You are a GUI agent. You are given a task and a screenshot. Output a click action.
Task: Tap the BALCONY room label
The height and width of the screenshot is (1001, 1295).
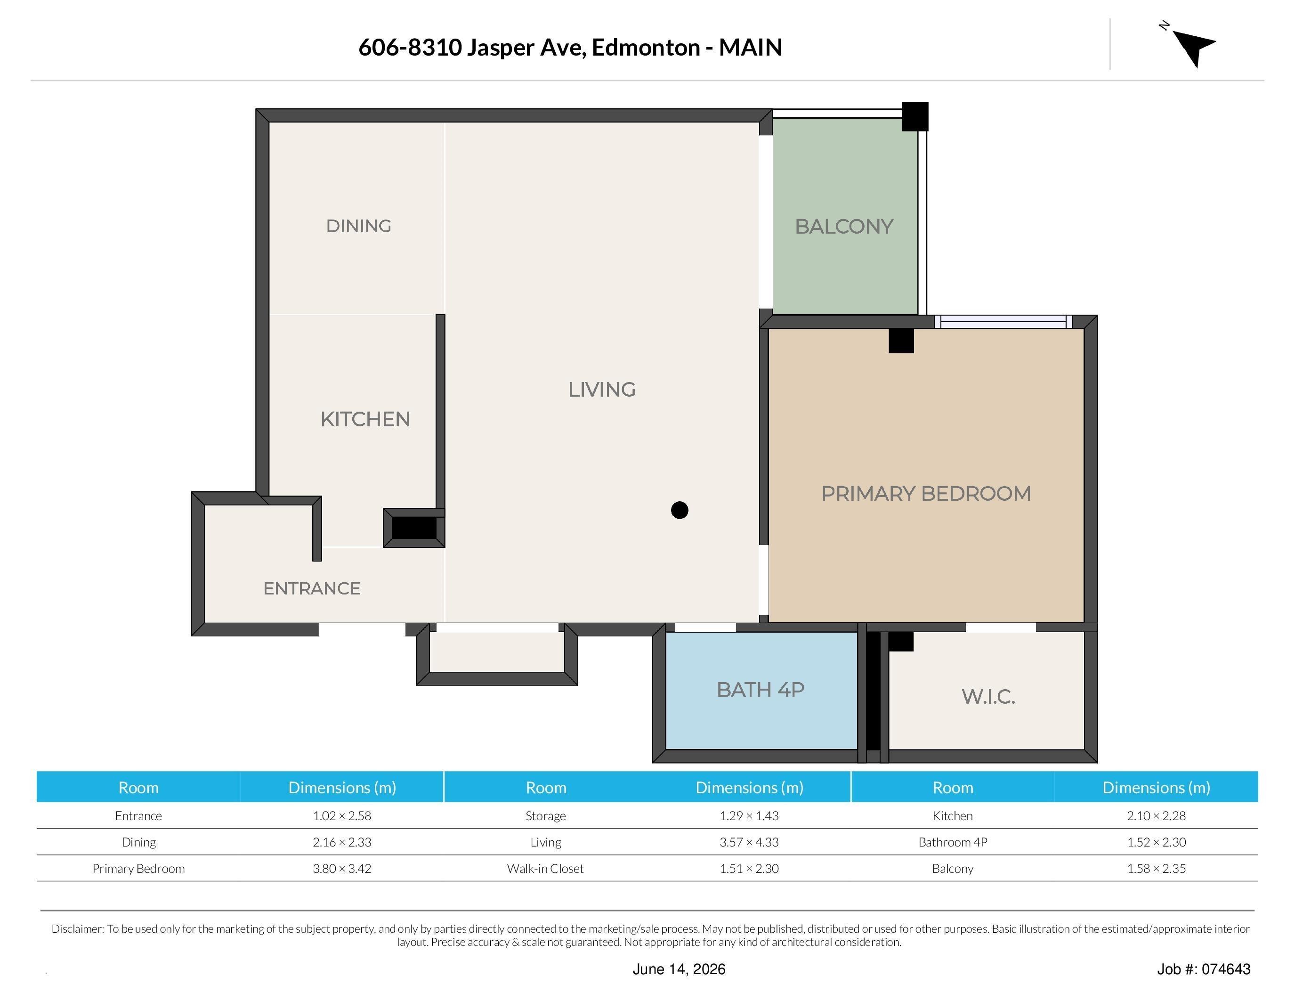pyautogui.click(x=844, y=227)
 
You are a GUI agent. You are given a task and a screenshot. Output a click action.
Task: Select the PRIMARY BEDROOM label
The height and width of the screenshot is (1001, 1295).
pyautogui.click(x=926, y=493)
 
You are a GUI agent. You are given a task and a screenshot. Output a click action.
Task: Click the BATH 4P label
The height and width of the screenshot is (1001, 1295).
pyautogui.click(x=760, y=690)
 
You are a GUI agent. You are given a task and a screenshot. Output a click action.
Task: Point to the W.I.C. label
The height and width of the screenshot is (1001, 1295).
pyautogui.click(x=988, y=696)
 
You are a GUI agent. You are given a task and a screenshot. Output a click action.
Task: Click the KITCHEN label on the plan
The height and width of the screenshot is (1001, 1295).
pyautogui.click(x=365, y=419)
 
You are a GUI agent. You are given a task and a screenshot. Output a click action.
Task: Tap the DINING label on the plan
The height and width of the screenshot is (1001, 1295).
pyautogui.click(x=359, y=226)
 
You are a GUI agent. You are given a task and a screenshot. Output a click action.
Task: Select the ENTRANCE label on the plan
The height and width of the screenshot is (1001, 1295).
pyautogui.click(x=312, y=588)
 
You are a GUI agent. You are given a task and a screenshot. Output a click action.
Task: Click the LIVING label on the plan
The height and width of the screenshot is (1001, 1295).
pyautogui.click(x=602, y=390)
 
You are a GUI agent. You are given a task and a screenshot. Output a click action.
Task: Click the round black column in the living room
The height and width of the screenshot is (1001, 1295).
pyautogui.click(x=680, y=510)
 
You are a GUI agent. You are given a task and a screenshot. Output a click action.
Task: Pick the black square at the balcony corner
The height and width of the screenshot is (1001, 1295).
pyautogui.click(x=915, y=116)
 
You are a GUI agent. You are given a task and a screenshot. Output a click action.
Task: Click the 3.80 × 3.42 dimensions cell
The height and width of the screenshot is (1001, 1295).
pyautogui.click(x=342, y=869)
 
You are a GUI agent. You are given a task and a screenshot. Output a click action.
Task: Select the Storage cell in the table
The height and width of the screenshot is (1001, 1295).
pyautogui.click(x=545, y=816)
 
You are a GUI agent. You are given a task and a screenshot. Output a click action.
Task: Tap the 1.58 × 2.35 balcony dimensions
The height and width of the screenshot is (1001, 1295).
pyautogui.click(x=1156, y=869)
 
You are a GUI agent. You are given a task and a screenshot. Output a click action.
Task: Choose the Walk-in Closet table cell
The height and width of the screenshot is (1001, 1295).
pyautogui.click(x=545, y=869)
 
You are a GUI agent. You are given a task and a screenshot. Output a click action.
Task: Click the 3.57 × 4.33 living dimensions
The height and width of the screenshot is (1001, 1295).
pyautogui.click(x=749, y=842)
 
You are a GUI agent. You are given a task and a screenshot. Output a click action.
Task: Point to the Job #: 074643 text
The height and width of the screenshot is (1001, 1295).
pyautogui.click(x=1204, y=969)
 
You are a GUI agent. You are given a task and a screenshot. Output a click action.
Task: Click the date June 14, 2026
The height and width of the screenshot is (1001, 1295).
pyautogui.click(x=679, y=969)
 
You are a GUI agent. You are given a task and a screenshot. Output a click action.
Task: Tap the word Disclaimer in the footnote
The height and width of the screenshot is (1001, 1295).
pyautogui.click(x=78, y=928)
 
